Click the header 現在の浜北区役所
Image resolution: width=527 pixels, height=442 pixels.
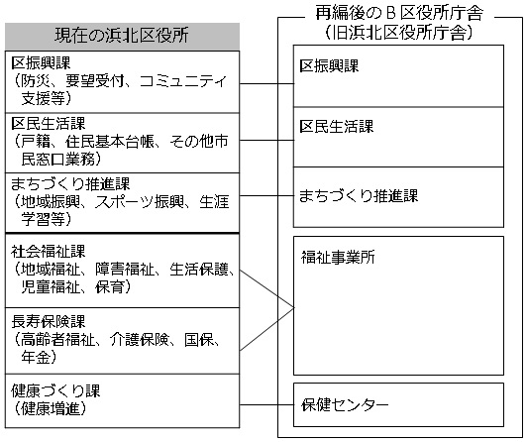click(x=122, y=36)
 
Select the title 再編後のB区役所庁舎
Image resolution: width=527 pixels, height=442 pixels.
click(x=399, y=14)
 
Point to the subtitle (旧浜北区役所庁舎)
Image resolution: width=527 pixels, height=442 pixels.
click(x=399, y=33)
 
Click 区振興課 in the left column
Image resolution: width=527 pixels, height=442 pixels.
click(x=41, y=62)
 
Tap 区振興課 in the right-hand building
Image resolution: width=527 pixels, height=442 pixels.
click(x=329, y=65)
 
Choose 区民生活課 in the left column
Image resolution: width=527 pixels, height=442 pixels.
click(x=49, y=124)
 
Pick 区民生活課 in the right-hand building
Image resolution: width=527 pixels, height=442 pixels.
click(x=337, y=127)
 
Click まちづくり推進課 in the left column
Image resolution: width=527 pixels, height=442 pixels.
click(x=70, y=184)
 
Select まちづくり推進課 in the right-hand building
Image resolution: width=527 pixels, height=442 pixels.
click(x=359, y=195)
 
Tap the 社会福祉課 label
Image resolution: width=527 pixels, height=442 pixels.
click(x=49, y=252)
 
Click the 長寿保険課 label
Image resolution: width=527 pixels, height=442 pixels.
click(x=49, y=322)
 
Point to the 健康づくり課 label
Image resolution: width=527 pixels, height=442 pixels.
click(x=55, y=390)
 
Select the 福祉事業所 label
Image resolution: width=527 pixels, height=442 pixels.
click(x=338, y=257)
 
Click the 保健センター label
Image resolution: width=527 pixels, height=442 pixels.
click(x=345, y=404)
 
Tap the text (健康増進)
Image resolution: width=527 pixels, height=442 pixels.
click(x=51, y=408)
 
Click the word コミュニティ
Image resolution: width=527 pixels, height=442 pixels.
click(x=182, y=81)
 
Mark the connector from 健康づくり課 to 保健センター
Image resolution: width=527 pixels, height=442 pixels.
click(x=266, y=405)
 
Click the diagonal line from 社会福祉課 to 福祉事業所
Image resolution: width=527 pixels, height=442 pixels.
click(x=266, y=288)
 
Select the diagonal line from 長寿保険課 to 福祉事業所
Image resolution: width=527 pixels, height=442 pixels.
click(x=266, y=329)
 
